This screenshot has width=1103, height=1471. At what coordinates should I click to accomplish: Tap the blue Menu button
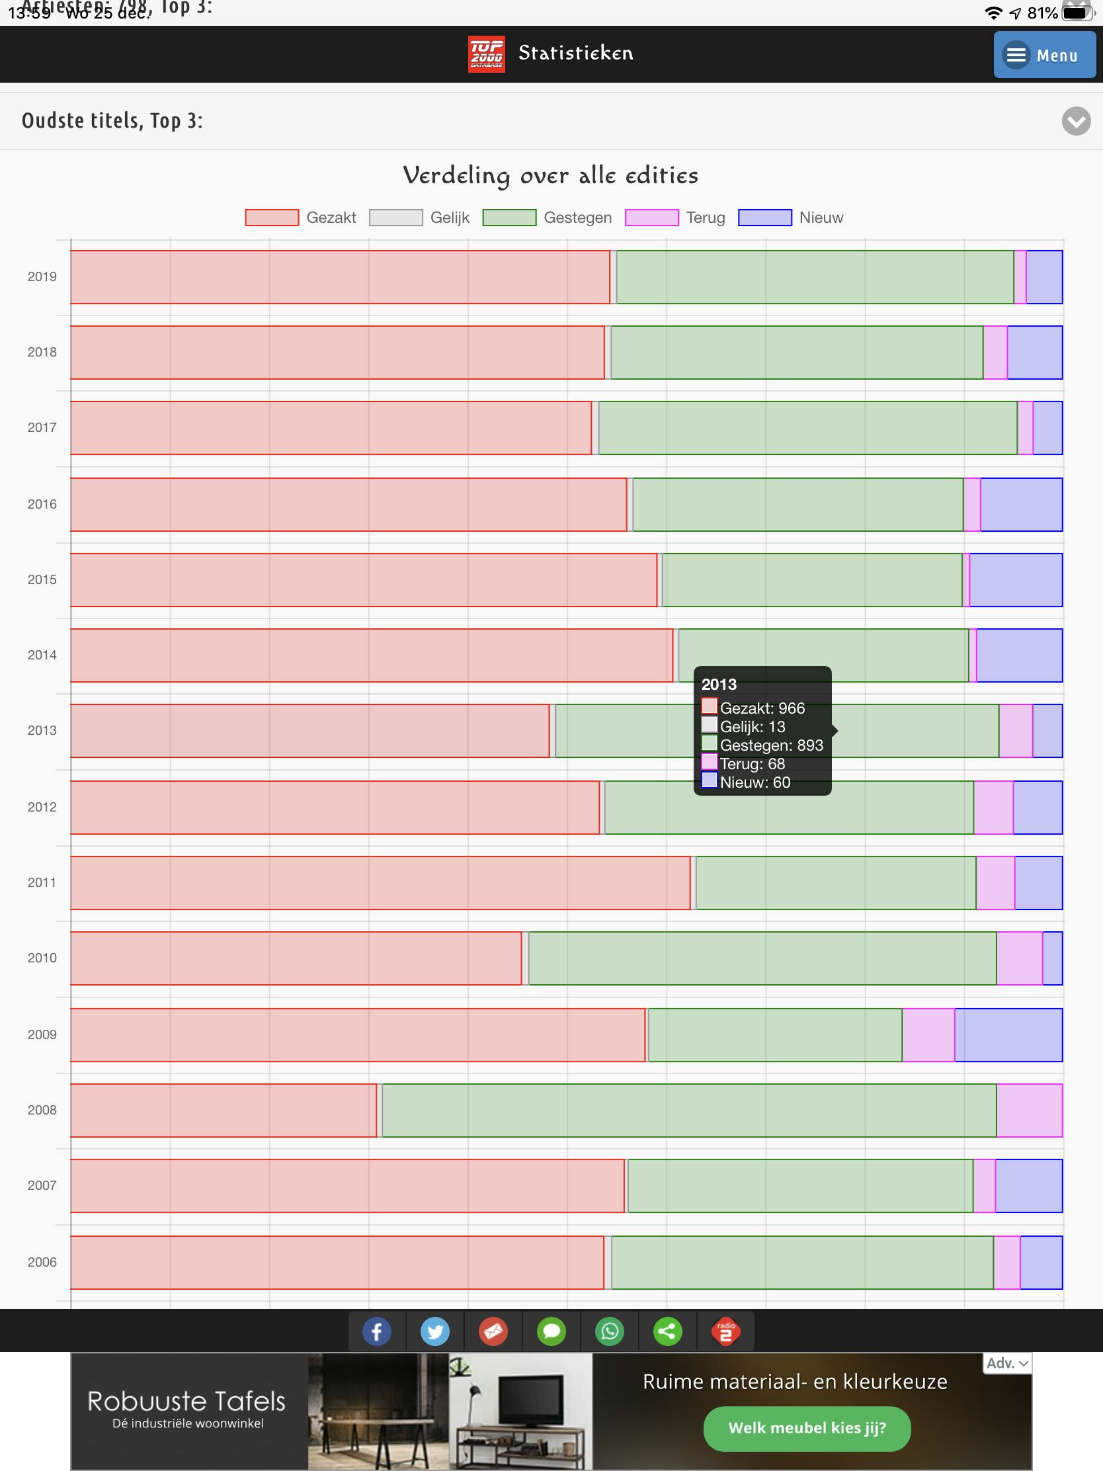(x=1044, y=54)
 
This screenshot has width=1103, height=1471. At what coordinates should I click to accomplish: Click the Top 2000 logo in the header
(x=486, y=54)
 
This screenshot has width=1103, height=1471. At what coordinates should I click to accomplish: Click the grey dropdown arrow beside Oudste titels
(x=1076, y=121)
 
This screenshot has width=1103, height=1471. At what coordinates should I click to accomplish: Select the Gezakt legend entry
(x=300, y=218)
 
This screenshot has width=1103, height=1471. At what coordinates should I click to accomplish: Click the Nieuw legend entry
(x=790, y=218)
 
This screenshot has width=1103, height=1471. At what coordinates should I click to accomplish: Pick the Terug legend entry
(x=675, y=218)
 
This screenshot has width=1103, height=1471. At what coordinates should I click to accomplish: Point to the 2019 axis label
(x=42, y=276)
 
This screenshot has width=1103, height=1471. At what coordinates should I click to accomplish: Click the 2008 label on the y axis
(x=42, y=1110)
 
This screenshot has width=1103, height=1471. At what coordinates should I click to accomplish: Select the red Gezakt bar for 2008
(x=224, y=1110)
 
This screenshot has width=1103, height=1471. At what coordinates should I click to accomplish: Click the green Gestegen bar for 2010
(x=762, y=958)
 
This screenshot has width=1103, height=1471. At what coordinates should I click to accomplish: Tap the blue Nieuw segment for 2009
(x=1008, y=1034)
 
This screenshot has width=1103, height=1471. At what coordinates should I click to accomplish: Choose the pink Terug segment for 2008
(x=1029, y=1110)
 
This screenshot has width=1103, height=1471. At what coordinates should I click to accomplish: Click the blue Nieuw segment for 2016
(x=1021, y=504)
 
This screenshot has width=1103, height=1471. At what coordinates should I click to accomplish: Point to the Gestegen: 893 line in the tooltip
(x=770, y=745)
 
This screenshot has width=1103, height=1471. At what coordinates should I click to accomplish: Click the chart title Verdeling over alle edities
(x=550, y=175)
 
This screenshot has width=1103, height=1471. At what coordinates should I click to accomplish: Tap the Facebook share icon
(x=376, y=1331)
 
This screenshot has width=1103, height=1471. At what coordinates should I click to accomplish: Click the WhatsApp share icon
(x=609, y=1331)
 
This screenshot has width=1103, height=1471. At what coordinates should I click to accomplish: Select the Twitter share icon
(x=435, y=1331)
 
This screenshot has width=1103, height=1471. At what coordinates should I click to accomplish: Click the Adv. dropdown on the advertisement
(x=1007, y=1363)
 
